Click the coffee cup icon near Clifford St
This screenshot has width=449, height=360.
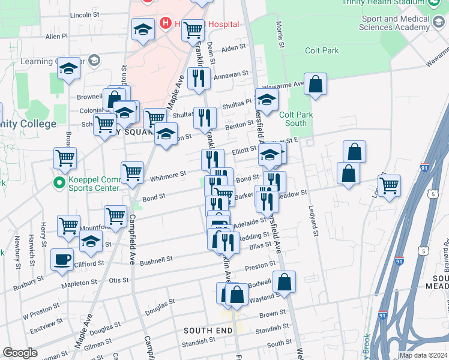click(62, 260)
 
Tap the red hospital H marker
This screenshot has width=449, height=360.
click(166, 24)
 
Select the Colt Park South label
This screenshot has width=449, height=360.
click(294, 119)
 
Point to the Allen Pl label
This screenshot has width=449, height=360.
click(56, 37)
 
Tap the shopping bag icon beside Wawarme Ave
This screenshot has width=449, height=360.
click(315, 85)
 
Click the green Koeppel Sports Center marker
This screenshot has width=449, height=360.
click(59, 181)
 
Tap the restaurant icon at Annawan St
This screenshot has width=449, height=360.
click(198, 78)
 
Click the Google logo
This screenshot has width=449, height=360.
click(20, 353)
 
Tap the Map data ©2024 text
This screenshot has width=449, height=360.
click(424, 355)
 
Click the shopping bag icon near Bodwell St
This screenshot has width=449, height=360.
click(286, 282)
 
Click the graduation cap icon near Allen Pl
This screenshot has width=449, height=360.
click(143, 29)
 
